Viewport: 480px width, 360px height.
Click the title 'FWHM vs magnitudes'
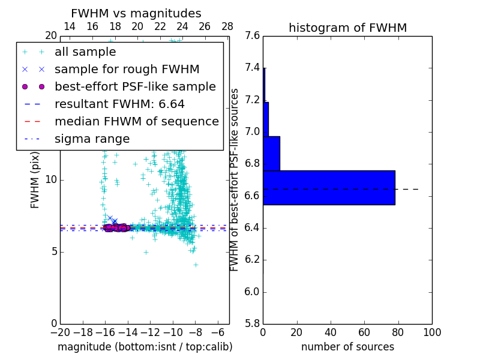click(136, 14)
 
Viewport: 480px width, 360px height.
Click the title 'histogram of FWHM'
click(347, 28)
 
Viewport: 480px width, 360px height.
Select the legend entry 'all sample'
click(85, 52)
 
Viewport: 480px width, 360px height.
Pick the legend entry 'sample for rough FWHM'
click(127, 69)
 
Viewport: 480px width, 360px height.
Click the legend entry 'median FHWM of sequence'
click(136, 121)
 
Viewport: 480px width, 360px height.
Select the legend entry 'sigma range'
click(92, 139)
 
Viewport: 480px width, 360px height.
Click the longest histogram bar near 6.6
click(329, 188)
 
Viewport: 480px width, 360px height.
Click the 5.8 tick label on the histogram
click(252, 323)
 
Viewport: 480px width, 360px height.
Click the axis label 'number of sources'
click(347, 347)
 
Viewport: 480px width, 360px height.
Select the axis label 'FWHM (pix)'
click(35, 180)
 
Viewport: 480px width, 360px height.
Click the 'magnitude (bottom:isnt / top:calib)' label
click(145, 347)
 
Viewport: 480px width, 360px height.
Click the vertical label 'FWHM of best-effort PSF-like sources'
click(235, 180)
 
